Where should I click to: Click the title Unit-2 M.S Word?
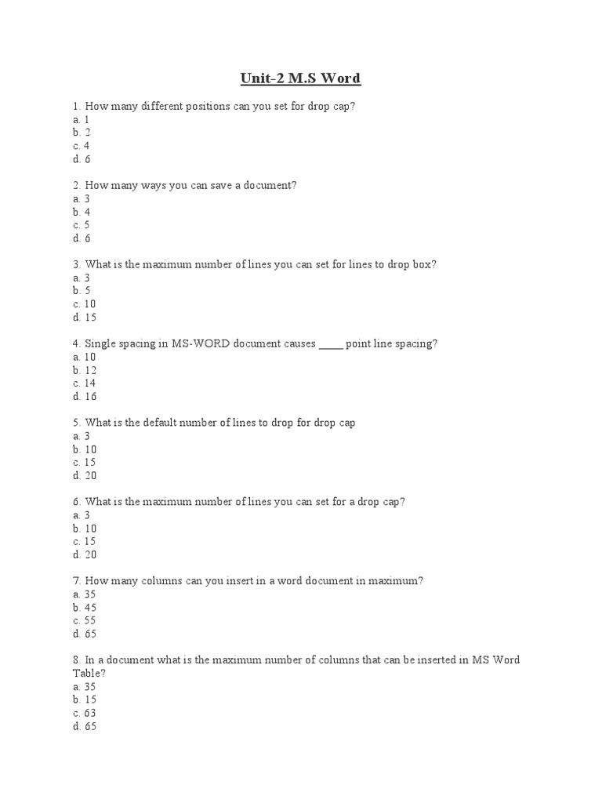click(x=300, y=78)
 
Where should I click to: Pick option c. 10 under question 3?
click(x=83, y=304)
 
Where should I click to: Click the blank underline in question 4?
click(x=331, y=344)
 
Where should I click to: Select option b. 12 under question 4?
click(x=83, y=370)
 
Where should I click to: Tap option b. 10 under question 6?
click(x=83, y=529)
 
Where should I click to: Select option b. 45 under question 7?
click(x=83, y=608)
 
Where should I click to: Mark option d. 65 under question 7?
click(x=83, y=634)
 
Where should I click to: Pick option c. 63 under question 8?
click(x=83, y=713)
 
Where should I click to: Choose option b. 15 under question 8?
click(x=83, y=699)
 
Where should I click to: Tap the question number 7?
click(x=74, y=581)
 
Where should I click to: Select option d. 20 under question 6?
click(x=83, y=554)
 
